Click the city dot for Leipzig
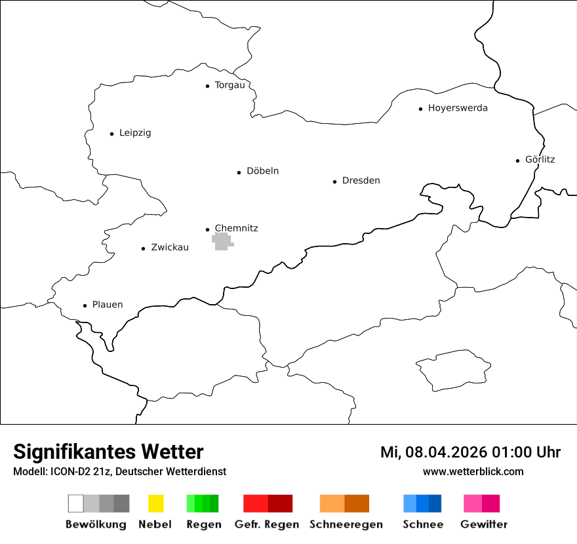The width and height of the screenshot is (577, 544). point(111,134)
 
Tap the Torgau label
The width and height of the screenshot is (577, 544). point(229,85)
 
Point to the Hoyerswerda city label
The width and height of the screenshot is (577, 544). point(458,108)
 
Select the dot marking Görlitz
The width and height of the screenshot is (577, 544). point(518,160)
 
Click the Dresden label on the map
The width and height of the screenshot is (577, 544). point(361,181)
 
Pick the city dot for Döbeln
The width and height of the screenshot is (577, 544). point(239,172)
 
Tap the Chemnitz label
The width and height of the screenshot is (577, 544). point(236,228)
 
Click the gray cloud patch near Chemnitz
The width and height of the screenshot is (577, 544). point(222,241)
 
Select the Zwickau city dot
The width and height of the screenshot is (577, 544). point(144,248)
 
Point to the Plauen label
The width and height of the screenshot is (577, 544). point(107,305)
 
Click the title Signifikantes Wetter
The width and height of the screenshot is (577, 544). point(108,452)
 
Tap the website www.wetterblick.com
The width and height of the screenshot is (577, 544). point(473,471)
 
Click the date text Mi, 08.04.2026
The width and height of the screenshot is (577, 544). point(433,452)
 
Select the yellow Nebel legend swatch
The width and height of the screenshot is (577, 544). point(155,503)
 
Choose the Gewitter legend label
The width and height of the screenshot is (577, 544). point(483,524)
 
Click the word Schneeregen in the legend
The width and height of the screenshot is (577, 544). point(346,524)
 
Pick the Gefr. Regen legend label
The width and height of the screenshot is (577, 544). point(267,524)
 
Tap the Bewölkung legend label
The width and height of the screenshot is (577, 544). point(96,524)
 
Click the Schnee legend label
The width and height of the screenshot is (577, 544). point(423,524)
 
